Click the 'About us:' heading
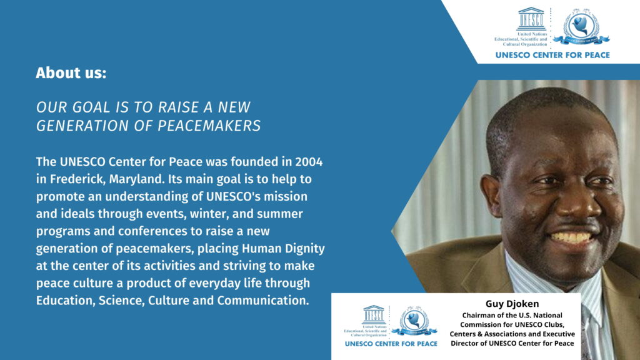[x=71, y=73]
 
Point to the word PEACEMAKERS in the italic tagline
[x=209, y=126]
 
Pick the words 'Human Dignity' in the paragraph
[x=283, y=249]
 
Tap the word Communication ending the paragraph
[x=263, y=301]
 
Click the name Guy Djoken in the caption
[x=512, y=304]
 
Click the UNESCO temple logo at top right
[x=531, y=19]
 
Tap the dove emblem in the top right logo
[x=581, y=26]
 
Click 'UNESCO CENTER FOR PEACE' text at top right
[x=552, y=55]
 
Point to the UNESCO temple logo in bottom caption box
[x=374, y=315]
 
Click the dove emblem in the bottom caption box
[x=414, y=321]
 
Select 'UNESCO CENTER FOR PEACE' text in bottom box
[x=391, y=344]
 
